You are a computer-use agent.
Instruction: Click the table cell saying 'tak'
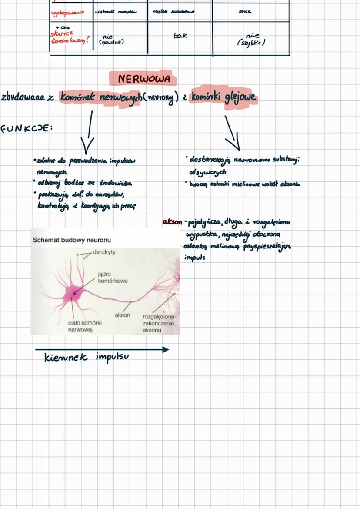pos(180,36)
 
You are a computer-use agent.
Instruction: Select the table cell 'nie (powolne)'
pos(113,40)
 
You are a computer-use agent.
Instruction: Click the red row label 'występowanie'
pos(67,12)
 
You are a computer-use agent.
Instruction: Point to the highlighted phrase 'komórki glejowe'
pos(223,97)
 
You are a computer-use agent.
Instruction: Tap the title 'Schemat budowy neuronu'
pos(72,240)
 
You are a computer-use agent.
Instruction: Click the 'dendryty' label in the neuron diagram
pos(104,252)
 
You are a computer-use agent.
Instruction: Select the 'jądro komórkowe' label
pos(113,278)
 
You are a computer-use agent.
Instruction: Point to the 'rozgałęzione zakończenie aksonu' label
pos(158,323)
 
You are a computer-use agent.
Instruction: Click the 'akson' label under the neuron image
pos(122,315)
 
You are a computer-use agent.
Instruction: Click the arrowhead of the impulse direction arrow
pos(165,349)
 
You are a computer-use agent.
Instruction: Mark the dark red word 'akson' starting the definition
pos(172,222)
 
